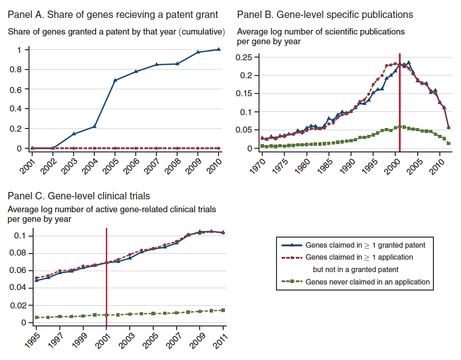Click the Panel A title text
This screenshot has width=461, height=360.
click(x=113, y=15)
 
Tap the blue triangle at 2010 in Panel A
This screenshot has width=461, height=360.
click(x=219, y=49)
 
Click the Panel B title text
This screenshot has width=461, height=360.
click(x=325, y=15)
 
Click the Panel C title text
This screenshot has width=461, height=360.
click(x=79, y=196)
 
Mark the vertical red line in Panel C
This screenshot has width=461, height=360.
click(x=107, y=276)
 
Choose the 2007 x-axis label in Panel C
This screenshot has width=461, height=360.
click(x=173, y=338)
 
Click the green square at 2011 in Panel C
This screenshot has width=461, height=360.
click(x=223, y=310)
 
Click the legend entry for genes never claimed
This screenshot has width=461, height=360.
click(x=367, y=282)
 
